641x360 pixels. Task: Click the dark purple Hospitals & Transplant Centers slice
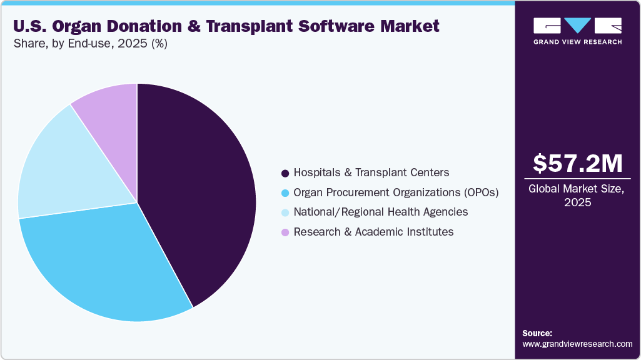pos(200,187)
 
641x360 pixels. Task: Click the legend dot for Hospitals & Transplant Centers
pos(285,173)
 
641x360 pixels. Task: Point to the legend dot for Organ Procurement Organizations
pos(285,193)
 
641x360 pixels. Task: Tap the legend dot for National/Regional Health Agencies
pos(285,212)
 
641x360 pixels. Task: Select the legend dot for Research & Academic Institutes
pos(285,232)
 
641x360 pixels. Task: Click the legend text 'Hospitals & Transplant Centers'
pos(371,172)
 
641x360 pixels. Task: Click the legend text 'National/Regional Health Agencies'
pos(380,212)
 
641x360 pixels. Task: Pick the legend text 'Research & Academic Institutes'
pos(373,232)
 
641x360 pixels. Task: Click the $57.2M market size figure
pos(577,164)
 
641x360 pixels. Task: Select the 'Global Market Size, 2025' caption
pos(577,195)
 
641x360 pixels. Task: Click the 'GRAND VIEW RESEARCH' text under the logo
pos(577,42)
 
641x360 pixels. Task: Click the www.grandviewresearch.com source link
pos(577,344)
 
